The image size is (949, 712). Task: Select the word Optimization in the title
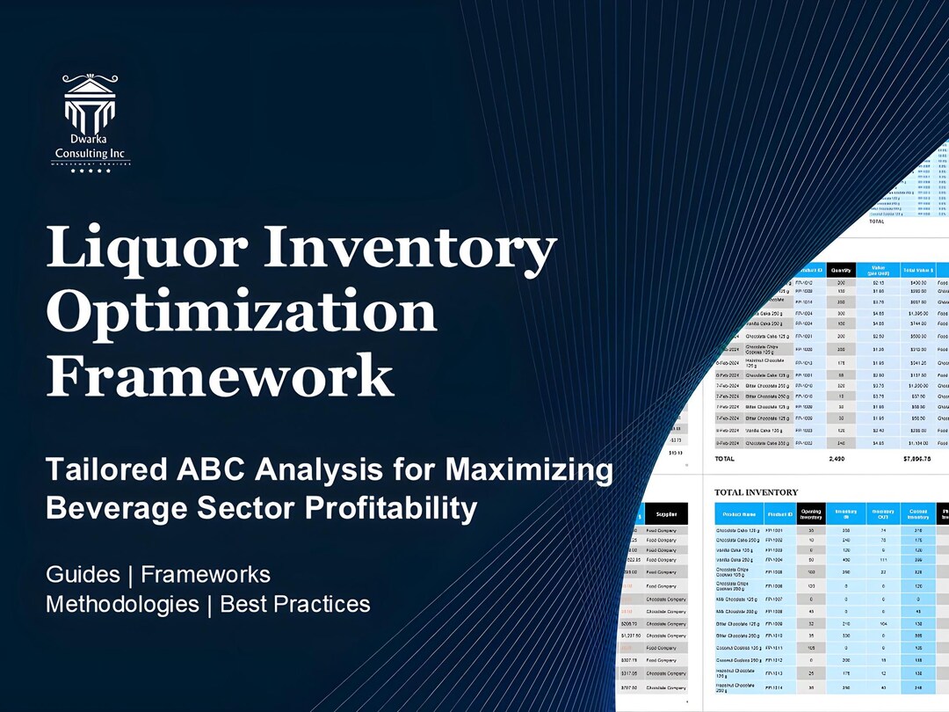click(x=242, y=314)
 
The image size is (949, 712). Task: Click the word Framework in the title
click(x=220, y=376)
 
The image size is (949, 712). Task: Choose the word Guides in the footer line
click(x=83, y=575)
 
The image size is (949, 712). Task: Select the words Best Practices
click(x=295, y=604)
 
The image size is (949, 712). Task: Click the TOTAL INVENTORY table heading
click(x=756, y=492)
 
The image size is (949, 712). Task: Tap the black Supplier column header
click(x=666, y=515)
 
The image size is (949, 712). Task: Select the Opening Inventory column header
click(x=810, y=514)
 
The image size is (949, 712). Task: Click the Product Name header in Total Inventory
click(x=736, y=514)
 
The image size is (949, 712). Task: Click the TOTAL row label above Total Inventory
click(x=725, y=458)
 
